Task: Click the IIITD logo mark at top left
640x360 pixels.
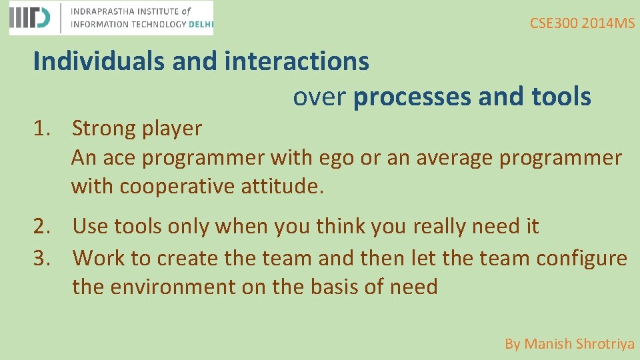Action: (x=29, y=18)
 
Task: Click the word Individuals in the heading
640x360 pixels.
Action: (x=99, y=61)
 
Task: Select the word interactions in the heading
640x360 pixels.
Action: (x=297, y=61)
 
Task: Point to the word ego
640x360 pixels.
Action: (x=337, y=159)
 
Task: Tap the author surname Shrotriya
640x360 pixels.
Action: (x=605, y=344)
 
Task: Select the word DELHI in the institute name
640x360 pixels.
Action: (x=199, y=24)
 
